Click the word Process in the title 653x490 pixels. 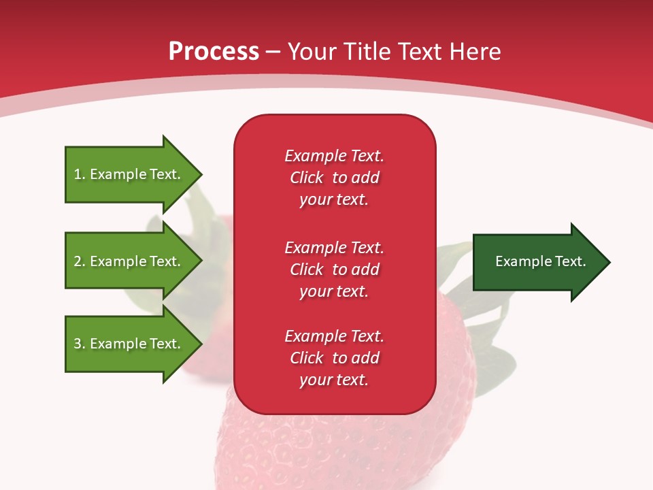point(214,51)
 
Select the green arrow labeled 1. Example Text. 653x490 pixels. point(129,174)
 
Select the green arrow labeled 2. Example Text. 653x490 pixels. point(129,261)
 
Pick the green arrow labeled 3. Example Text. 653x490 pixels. point(129,344)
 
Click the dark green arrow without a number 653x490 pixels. point(537,262)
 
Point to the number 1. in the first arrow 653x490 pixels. point(79,174)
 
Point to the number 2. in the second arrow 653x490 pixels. point(79,261)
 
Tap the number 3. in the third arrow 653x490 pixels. point(79,344)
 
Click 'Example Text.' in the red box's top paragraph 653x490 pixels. point(334,156)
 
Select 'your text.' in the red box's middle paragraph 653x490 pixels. point(334,291)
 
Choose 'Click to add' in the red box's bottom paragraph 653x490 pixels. point(334,358)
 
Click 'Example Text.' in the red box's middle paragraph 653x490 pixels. point(334,247)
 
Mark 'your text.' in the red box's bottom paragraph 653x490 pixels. point(334,380)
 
